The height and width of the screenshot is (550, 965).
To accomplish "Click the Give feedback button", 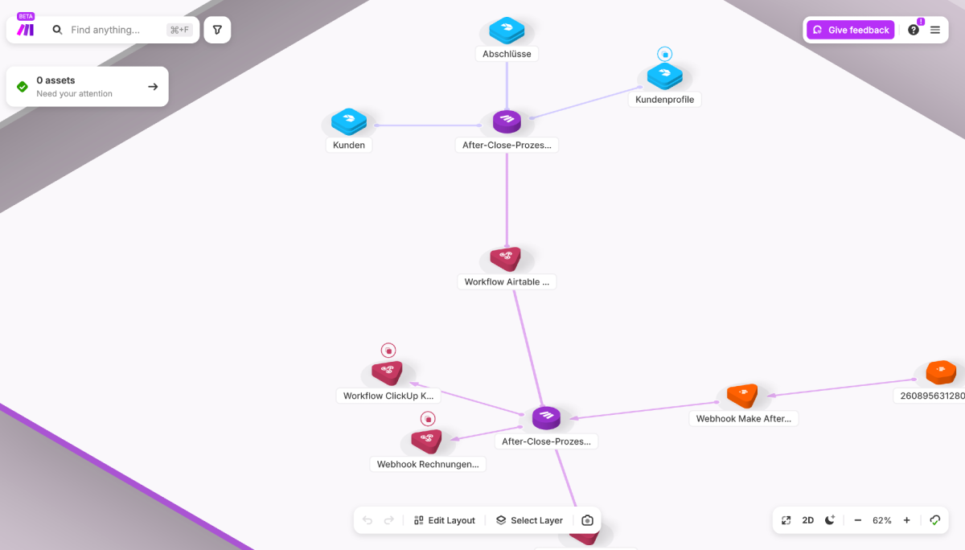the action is click(x=851, y=30).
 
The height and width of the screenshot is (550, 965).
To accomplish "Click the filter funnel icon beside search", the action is click(x=217, y=30).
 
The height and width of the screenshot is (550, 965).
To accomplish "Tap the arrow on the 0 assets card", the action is click(x=153, y=87).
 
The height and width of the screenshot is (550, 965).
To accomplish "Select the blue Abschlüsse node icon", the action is click(x=507, y=30).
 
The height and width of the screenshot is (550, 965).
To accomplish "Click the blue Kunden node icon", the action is click(x=349, y=121).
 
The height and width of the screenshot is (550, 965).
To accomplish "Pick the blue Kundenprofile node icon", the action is click(x=665, y=76).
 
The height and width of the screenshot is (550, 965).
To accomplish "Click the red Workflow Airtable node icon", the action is click(x=506, y=258).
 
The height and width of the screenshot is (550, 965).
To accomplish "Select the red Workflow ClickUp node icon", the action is click(x=387, y=372).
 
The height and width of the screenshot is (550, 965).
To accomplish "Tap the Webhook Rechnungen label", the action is click(x=428, y=464).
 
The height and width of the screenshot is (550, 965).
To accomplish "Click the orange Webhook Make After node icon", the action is click(x=742, y=395).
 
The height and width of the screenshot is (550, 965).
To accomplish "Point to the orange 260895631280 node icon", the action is click(x=941, y=371).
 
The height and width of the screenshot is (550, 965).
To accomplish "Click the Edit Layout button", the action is click(x=444, y=520).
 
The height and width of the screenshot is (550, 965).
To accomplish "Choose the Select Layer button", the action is click(x=529, y=520).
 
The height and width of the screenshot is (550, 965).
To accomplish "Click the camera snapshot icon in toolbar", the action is click(x=587, y=520).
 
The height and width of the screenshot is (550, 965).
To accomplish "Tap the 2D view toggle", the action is click(x=807, y=520).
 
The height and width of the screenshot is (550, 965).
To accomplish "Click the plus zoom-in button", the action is click(x=907, y=520).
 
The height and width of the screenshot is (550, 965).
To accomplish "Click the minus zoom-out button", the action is click(x=858, y=520).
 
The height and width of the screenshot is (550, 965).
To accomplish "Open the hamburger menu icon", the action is click(x=934, y=30).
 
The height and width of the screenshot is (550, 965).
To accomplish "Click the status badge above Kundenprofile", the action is click(x=665, y=54).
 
